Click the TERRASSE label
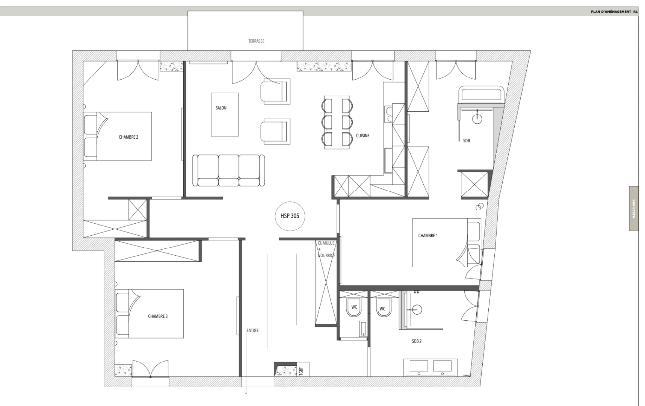pyautogui.click(x=256, y=41)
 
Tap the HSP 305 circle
pyautogui.click(x=290, y=216)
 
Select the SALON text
pyautogui.click(x=221, y=108)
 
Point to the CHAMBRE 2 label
pyautogui.click(x=128, y=137)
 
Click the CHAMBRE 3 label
pyautogui.click(x=158, y=316)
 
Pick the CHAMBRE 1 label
pyautogui.click(x=428, y=236)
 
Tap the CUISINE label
pyautogui.click(x=363, y=136)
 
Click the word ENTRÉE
pyautogui.click(x=253, y=331)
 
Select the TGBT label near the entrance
pyautogui.click(x=301, y=371)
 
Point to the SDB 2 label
pyautogui.click(x=417, y=341)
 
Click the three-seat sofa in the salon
pyautogui.click(x=228, y=170)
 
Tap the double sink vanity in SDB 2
pyautogui.click(x=431, y=367)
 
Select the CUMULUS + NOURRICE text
pyautogui.click(x=326, y=249)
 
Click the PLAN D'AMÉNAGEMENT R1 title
pyautogui.click(x=614, y=12)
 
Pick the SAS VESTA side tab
pyautogui.click(x=634, y=209)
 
